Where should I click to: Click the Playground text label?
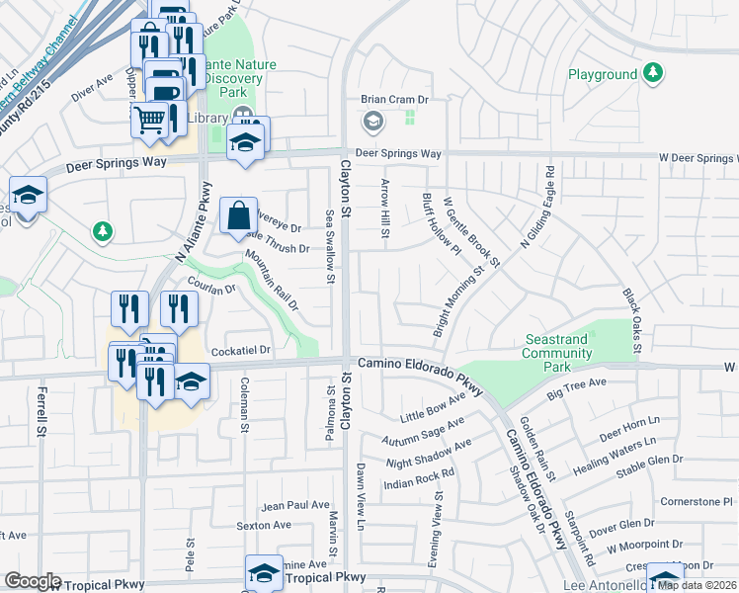(x=603, y=74)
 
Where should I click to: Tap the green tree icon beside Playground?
(x=652, y=72)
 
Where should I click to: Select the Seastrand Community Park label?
(x=556, y=353)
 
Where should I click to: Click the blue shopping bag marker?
(x=239, y=215)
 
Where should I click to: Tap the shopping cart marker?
(x=150, y=120)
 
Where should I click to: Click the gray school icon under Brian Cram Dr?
(x=373, y=122)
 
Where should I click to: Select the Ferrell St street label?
(x=42, y=412)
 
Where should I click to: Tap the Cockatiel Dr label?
(x=241, y=349)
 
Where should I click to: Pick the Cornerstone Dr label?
(x=697, y=501)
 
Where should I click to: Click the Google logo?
(x=32, y=581)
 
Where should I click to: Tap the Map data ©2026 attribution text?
(x=698, y=584)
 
